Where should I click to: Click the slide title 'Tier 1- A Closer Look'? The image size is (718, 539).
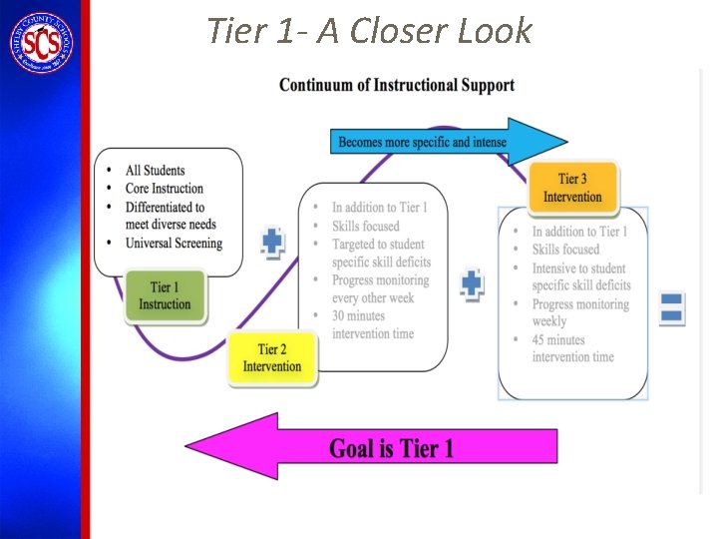[369, 31]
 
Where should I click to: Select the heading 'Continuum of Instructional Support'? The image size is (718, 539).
[397, 85]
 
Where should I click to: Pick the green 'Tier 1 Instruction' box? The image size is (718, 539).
[166, 296]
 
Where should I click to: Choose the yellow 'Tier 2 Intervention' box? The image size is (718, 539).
[272, 357]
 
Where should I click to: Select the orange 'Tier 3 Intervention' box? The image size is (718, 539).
[572, 188]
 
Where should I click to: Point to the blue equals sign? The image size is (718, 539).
[672, 307]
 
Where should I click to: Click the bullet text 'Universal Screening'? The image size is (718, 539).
[174, 243]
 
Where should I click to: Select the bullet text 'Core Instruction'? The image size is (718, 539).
[164, 188]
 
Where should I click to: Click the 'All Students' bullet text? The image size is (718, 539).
[155, 170]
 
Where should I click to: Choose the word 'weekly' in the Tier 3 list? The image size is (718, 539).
[549, 321]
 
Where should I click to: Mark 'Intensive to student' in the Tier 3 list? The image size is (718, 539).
[578, 268]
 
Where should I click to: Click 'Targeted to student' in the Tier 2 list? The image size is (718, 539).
[378, 244]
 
